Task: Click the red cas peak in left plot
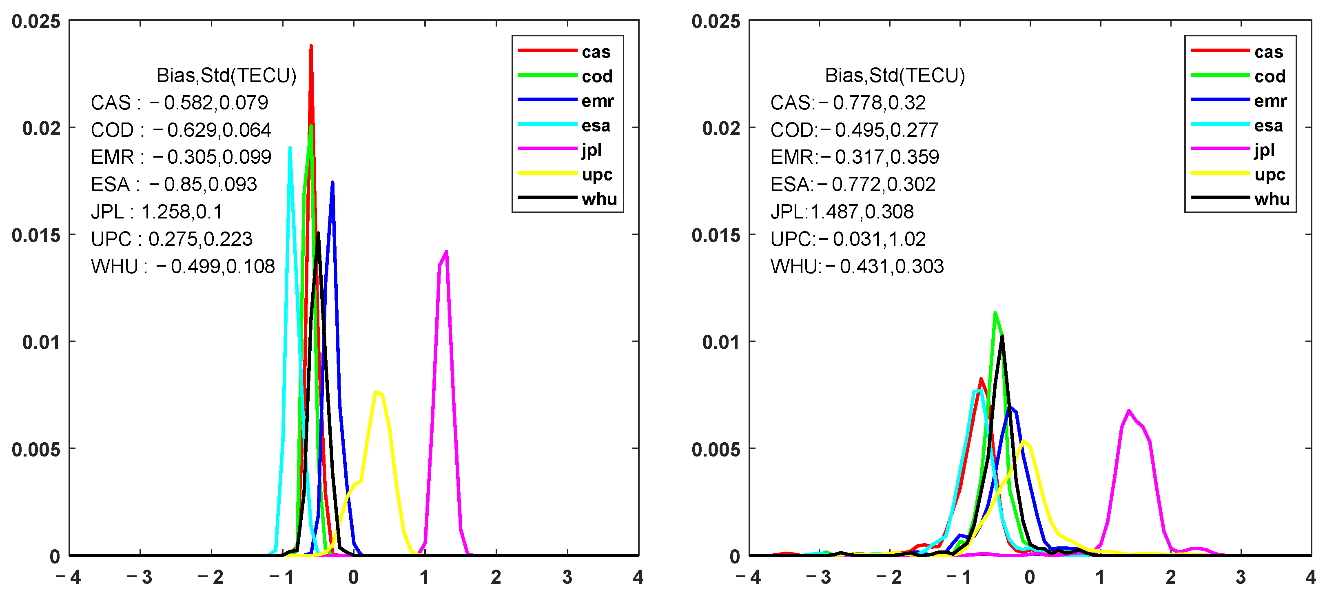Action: tap(311, 46)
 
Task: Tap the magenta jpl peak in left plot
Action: tap(446, 252)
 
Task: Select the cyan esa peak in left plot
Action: tap(290, 149)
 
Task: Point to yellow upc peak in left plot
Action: tap(377, 393)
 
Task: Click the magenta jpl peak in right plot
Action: tap(1128, 411)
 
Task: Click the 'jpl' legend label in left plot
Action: tap(592, 150)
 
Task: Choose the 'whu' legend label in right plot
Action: tap(1272, 199)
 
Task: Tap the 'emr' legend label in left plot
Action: tap(597, 101)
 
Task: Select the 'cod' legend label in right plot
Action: tap(1270, 76)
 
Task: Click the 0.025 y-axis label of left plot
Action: tap(36, 22)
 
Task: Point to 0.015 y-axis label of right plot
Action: tap(716, 235)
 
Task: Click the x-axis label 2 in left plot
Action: tap(496, 577)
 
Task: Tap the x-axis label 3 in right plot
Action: tap(1240, 577)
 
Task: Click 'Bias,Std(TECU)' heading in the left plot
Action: tap(226, 76)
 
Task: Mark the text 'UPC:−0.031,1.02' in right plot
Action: tap(848, 239)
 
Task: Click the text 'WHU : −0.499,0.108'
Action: tap(183, 266)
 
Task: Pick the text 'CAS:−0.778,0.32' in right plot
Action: tap(848, 102)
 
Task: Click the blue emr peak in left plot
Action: tap(333, 183)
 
